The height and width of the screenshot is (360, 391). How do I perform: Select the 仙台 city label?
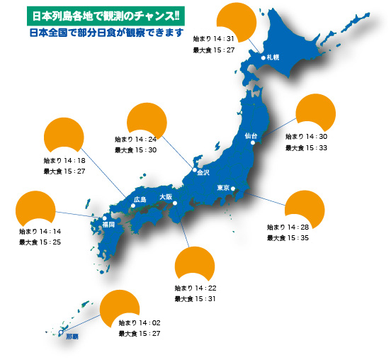pos(251,135)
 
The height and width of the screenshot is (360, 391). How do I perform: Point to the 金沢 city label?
pos(203,171)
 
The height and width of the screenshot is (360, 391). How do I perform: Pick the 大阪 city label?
pos(165,196)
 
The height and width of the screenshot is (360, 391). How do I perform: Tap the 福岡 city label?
pos(108,224)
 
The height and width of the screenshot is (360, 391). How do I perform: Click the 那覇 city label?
pos(72,337)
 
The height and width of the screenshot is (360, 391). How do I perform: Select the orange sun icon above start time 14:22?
pos(193,264)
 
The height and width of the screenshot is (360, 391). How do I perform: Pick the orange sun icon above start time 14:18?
pos(64,137)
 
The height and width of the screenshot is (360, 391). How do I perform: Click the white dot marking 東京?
pos(233,189)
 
